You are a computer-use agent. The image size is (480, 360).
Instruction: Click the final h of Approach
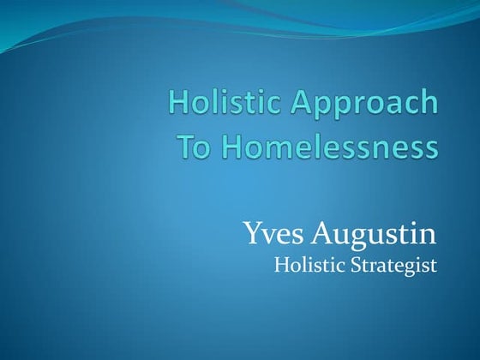pyautogui.click(x=429, y=103)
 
